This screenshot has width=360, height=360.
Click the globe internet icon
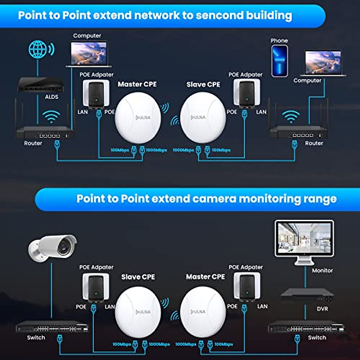click(38, 49)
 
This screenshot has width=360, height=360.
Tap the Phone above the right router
click(280, 61)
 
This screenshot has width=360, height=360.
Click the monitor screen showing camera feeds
click(304, 239)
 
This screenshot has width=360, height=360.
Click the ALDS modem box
click(40, 85)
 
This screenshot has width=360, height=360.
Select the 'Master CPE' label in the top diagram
click(137, 84)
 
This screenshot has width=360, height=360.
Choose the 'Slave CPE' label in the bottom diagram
click(138, 277)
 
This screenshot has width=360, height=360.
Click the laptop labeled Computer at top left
click(89, 54)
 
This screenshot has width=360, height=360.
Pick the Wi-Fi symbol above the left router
click(51, 116)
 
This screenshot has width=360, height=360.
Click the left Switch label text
click(36, 337)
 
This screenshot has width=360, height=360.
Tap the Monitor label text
click(322, 270)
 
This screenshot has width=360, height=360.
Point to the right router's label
click(314, 143)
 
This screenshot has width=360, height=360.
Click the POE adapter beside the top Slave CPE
click(247, 93)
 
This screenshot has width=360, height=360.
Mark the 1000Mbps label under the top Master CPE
click(156, 150)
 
